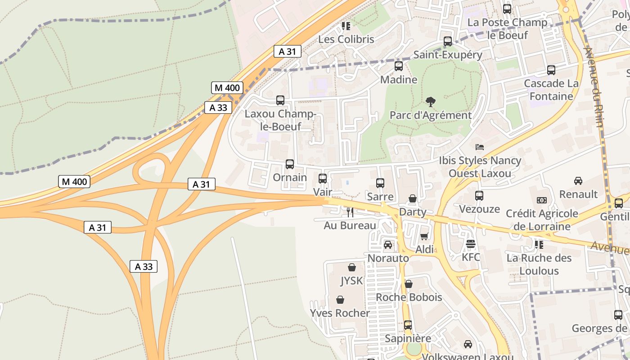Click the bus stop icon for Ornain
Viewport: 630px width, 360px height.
pyautogui.click(x=290, y=164)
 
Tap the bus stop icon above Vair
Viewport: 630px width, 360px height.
pyautogui.click(x=323, y=179)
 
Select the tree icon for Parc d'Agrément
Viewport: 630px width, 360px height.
pyautogui.click(x=430, y=102)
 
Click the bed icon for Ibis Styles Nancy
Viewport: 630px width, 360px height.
pyautogui.click(x=480, y=147)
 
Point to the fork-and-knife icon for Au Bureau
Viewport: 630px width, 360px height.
pyautogui.click(x=350, y=212)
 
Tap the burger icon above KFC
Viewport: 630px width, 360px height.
pyautogui.click(x=471, y=244)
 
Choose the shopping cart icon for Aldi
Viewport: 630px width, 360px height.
pyautogui.click(x=424, y=236)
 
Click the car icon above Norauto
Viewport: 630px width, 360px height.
pyautogui.click(x=388, y=245)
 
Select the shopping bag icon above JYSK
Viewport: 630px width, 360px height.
pyautogui.click(x=352, y=267)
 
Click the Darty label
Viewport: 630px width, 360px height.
pyautogui.click(x=412, y=211)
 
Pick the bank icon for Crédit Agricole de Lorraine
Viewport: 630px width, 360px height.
pyautogui.click(x=542, y=200)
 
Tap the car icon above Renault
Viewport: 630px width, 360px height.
pyautogui.click(x=578, y=181)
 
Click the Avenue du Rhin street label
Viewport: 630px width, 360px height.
pyautogui.click(x=593, y=85)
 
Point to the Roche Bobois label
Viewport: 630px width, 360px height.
pyautogui.click(x=409, y=297)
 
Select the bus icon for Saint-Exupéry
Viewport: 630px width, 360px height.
pyautogui.click(x=448, y=41)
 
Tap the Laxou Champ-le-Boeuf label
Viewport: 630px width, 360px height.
pyautogui.click(x=279, y=120)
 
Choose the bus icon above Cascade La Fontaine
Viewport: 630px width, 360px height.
pyautogui.click(x=551, y=70)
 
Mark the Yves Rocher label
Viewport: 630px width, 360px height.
pyautogui.click(x=340, y=313)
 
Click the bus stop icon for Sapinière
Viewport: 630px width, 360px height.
pyautogui.click(x=408, y=325)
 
